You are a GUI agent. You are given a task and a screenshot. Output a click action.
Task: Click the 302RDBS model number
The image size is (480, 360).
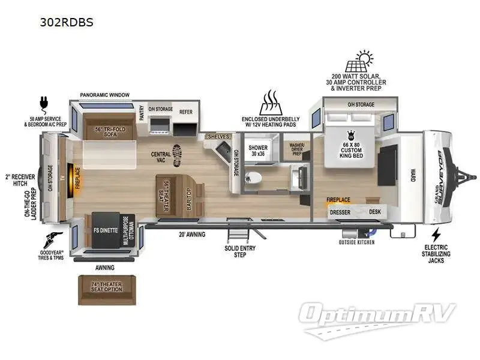pos(67,22)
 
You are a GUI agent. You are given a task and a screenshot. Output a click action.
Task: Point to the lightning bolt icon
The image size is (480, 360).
pos(436,233)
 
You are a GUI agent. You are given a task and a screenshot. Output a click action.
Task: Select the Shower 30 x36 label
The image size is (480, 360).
pos(258,150)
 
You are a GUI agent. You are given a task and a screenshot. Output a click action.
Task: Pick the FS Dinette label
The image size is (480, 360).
pos(105,230)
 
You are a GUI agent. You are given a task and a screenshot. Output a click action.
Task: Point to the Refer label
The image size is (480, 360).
pos(185,112)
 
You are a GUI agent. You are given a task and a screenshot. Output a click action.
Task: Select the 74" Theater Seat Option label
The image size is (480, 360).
pos(107,286)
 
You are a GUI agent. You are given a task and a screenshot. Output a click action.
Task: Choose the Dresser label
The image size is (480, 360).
pos(341,211)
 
